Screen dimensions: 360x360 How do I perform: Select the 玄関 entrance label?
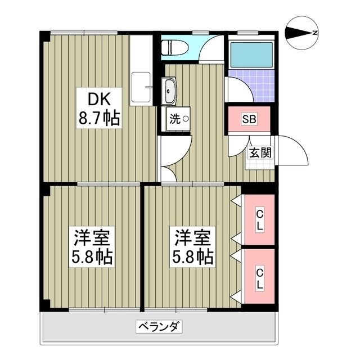point(260,152)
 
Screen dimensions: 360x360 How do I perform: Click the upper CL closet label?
point(259,220)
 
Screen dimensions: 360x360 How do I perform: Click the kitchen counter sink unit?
point(141,84)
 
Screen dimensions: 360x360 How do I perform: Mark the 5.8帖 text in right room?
point(193,257)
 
